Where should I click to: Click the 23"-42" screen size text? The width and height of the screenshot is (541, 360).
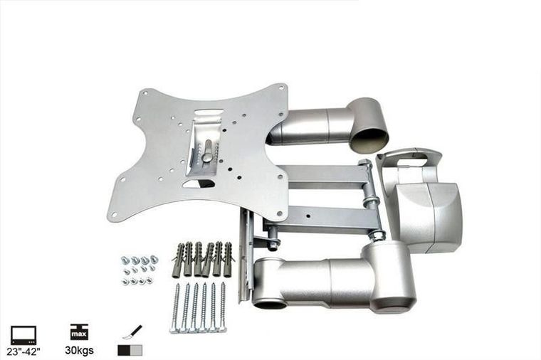pos(23,351)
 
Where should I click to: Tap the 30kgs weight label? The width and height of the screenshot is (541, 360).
pos(79,350)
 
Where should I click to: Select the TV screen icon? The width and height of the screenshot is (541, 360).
pos(23,335)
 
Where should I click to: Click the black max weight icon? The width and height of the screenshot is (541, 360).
pos(79,332)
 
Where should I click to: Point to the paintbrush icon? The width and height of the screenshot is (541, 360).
pos(132,332)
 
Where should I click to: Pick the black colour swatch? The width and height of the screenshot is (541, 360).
pos(124,350)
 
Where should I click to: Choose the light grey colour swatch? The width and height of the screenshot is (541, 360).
pos(136,350)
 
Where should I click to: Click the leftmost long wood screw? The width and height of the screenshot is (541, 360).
pos(176,307)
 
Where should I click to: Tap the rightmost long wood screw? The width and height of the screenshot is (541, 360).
pos(223,307)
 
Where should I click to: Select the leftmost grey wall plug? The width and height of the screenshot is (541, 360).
pos(179,260)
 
